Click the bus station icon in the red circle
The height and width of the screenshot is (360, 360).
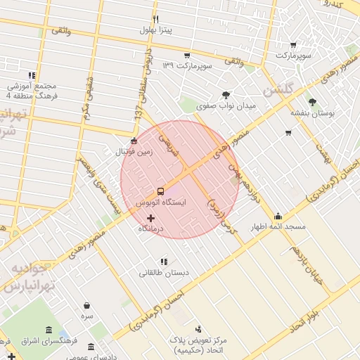(x=160, y=191)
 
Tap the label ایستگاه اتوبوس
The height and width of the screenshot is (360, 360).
(x=160, y=202)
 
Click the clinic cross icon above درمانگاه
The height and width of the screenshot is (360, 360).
(x=150, y=219)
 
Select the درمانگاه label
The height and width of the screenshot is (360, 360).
(x=150, y=229)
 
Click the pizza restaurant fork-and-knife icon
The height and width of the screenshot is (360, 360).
(x=155, y=19)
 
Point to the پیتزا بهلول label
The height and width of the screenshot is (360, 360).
(x=155, y=30)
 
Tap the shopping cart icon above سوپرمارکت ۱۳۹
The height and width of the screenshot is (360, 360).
(x=186, y=55)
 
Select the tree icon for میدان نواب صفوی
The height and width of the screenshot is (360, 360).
(x=226, y=94)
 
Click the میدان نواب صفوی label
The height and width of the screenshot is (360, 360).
(x=226, y=105)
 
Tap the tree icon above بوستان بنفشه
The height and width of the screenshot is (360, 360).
(x=312, y=102)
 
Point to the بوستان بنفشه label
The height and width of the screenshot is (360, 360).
(x=313, y=112)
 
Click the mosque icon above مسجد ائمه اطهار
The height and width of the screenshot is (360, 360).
(x=278, y=216)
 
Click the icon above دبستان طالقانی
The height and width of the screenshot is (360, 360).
(x=164, y=262)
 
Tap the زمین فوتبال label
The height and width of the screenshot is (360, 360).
(x=134, y=151)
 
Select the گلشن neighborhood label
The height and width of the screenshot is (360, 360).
(x=276, y=91)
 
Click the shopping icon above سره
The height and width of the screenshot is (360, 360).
(x=86, y=306)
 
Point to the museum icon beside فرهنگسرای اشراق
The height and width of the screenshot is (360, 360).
(x=48, y=330)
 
